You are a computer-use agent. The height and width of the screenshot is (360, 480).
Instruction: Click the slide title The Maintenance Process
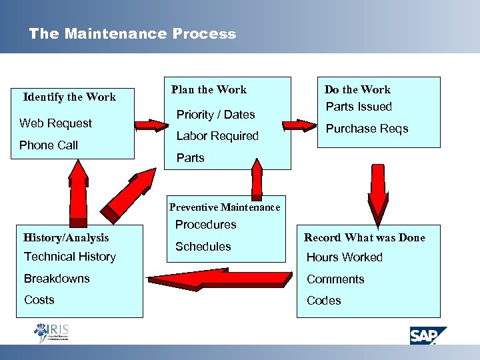132,34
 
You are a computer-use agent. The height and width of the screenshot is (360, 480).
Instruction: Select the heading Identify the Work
69,97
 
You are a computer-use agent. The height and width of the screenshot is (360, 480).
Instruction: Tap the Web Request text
56,123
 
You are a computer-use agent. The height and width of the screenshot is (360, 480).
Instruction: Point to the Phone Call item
49,145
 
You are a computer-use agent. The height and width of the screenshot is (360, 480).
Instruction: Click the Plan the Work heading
209,89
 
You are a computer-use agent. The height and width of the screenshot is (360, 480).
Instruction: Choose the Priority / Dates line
215,115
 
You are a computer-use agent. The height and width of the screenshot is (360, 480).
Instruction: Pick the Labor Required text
217,136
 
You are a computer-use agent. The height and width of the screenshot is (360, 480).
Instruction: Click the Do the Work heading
357,89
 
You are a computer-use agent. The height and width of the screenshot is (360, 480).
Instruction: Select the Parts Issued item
359,107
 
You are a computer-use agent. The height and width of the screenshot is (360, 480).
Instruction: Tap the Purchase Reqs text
367,129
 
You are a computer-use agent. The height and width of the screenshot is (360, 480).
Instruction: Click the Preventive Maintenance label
225,207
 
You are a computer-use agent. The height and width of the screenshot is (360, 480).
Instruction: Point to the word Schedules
203,247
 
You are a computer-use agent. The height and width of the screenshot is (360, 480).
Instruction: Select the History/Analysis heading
66,237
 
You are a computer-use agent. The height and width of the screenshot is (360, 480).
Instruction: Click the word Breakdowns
57,279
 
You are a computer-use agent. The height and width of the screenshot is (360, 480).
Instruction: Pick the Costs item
39,300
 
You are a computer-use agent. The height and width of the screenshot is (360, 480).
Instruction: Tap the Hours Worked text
344,257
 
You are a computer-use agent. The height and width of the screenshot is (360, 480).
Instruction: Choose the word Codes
323,301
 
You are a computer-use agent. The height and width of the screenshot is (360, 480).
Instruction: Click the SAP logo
427,335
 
